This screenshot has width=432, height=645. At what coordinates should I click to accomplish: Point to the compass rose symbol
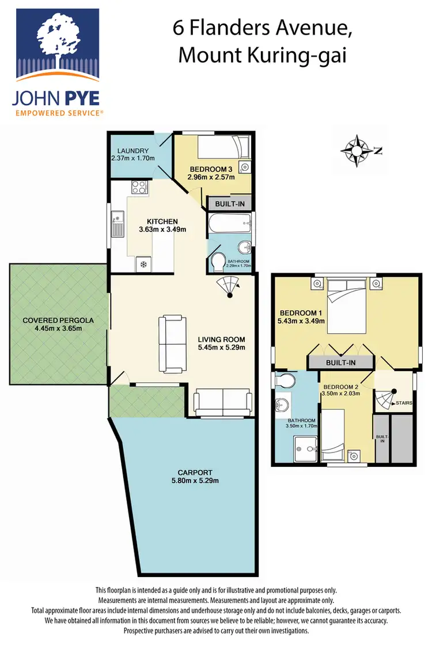pyautogui.click(x=357, y=151)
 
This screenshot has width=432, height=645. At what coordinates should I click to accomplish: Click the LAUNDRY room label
pyautogui.click(x=133, y=151)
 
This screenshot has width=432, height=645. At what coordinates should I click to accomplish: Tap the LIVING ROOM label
pyautogui.click(x=222, y=339)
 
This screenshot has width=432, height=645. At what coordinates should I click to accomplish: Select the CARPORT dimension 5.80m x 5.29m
pyautogui.click(x=195, y=480)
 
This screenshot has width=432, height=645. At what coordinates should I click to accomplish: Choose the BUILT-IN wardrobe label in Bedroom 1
pyautogui.click(x=340, y=363)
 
